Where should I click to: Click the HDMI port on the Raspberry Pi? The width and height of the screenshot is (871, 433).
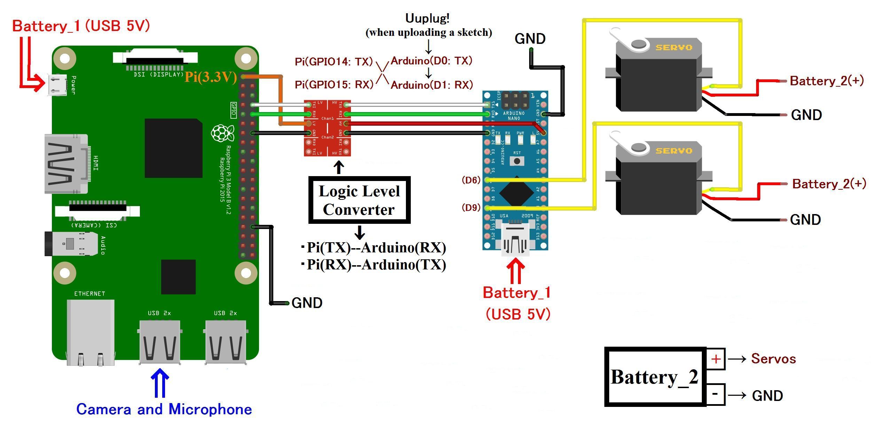click(x=66, y=164)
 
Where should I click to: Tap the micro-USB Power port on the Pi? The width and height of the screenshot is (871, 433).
click(x=57, y=85)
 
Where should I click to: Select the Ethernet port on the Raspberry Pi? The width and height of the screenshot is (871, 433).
click(x=91, y=332)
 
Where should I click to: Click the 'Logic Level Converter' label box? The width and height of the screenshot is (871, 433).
click(x=359, y=200)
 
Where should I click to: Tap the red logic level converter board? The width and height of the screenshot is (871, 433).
click(x=327, y=128)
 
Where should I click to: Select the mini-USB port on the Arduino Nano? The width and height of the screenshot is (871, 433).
click(x=515, y=240)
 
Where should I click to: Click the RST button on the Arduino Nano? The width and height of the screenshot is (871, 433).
click(x=517, y=161)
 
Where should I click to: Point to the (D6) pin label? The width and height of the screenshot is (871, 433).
click(x=471, y=180)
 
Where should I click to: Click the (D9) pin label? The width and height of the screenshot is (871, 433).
click(x=471, y=207)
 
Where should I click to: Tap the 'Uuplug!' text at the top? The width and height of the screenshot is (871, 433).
click(x=427, y=18)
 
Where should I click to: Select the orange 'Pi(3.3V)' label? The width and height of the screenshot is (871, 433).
click(x=211, y=77)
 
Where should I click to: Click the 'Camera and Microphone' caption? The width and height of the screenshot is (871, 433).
click(x=164, y=409)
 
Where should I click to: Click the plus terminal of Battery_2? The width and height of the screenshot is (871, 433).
click(x=715, y=359)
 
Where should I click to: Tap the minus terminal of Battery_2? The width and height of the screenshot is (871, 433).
click(x=715, y=394)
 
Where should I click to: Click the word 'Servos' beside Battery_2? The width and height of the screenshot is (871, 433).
click(x=773, y=359)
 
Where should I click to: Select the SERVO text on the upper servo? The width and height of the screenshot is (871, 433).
click(x=674, y=47)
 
